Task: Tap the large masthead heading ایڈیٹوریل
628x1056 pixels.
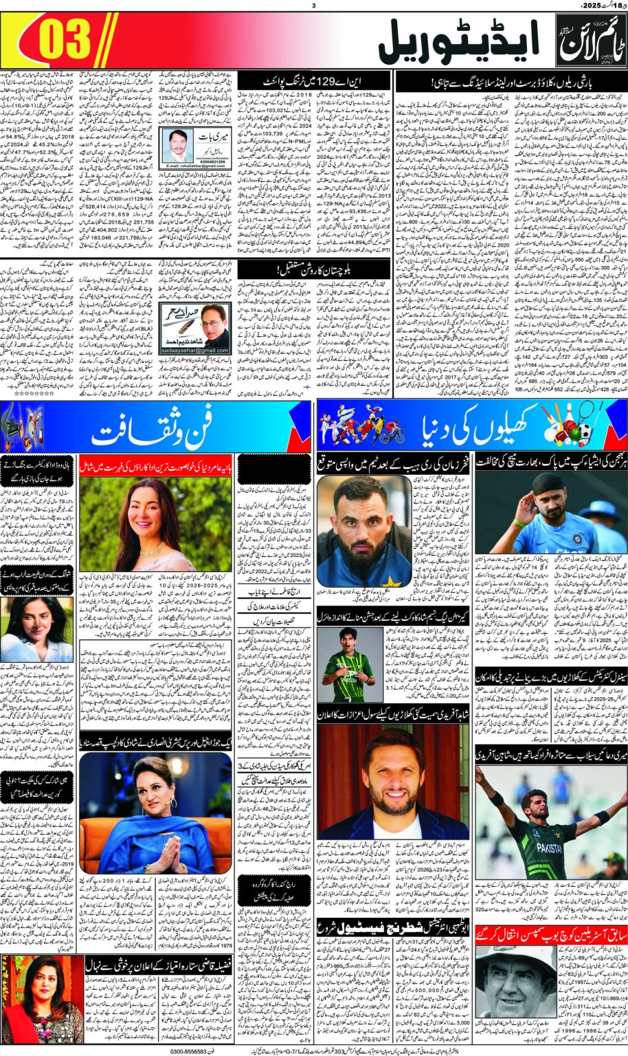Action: point(458,43)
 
